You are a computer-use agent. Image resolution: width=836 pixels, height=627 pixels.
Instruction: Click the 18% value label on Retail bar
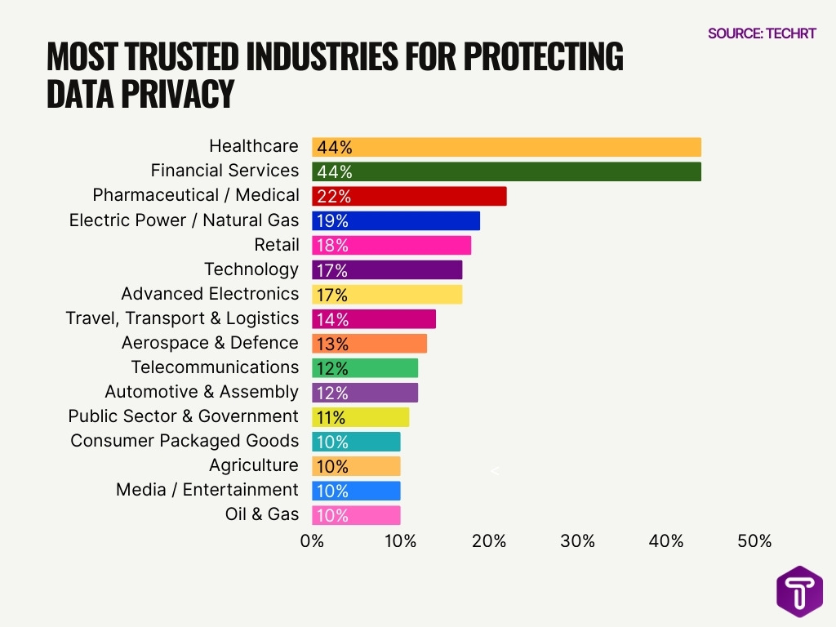coord(332,246)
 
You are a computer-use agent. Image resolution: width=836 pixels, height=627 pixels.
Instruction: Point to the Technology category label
coord(251,269)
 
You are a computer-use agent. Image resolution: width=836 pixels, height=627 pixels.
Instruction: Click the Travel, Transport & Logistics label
coord(182,318)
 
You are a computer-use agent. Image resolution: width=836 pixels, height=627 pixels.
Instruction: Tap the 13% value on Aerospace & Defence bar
coord(332,344)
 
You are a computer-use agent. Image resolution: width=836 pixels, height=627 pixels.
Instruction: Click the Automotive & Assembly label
coord(202,392)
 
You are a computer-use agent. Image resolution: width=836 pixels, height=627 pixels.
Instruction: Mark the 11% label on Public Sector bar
coord(331,417)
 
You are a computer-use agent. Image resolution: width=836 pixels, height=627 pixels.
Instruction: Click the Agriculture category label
coord(253,465)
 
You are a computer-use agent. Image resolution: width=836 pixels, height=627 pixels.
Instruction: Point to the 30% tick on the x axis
coord(577,541)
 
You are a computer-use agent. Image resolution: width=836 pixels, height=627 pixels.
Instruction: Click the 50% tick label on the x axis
coord(754,541)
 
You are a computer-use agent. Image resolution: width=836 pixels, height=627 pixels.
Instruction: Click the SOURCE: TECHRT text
coord(761,33)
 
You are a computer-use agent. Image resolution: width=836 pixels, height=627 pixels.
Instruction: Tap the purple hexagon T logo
coord(799,592)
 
